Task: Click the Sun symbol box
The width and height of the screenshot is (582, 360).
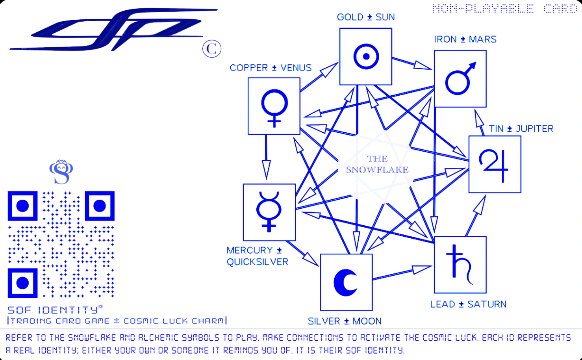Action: tap(366, 56)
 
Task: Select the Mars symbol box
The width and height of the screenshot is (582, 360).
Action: tap(460, 79)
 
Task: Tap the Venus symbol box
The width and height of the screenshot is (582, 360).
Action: tap(274, 106)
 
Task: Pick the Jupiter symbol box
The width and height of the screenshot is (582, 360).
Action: tap(495, 164)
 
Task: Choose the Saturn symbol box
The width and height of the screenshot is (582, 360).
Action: tap(460, 265)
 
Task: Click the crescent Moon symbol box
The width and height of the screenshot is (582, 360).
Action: tap(346, 282)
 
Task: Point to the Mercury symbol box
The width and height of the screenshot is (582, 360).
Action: tap(269, 212)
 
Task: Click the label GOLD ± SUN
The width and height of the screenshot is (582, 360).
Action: tap(365, 17)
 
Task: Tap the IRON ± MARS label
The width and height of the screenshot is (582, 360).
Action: tap(465, 39)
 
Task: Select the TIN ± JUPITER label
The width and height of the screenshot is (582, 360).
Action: tap(521, 129)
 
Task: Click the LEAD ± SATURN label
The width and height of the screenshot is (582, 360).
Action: tap(468, 304)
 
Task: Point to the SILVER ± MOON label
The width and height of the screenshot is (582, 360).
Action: tap(345, 321)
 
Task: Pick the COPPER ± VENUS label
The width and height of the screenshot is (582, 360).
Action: tap(271, 68)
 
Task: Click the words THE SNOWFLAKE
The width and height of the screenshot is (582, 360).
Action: tap(377, 164)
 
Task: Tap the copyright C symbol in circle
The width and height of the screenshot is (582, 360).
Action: tap(212, 49)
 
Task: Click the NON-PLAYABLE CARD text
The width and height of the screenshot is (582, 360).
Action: tap(504, 9)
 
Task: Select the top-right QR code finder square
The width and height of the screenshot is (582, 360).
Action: tap(100, 206)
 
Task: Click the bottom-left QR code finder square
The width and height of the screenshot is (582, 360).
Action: tap(22, 283)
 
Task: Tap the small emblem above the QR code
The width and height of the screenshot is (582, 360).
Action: tap(61, 172)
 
